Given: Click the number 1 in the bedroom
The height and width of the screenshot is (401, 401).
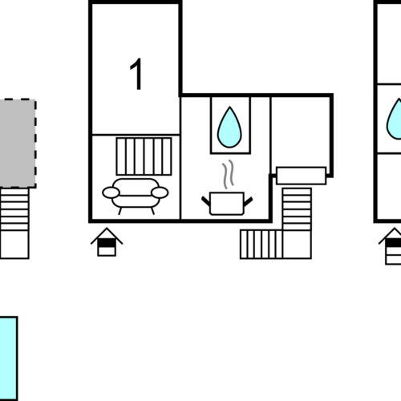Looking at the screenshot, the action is tap(136, 74).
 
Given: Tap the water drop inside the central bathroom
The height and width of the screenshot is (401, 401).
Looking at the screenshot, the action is tap(229, 128).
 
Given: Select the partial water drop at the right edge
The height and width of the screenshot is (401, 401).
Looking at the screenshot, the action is tap(394, 119).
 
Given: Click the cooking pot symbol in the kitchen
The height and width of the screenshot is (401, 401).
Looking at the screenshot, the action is tap(227, 203).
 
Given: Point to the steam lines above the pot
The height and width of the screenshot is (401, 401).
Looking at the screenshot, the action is tap(228, 174).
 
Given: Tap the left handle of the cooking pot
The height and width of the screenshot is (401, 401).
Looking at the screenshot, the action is tap(206, 201).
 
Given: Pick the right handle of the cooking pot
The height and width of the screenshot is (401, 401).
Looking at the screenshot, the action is tap(248, 201).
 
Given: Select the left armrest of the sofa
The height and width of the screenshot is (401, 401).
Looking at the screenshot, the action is tap(111, 192).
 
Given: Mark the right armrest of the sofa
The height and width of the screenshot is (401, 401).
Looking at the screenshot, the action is tap(160, 192).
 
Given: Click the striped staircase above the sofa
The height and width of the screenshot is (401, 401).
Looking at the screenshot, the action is tap(144, 156).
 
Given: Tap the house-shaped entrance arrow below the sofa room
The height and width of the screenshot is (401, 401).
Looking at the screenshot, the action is tap(107, 242).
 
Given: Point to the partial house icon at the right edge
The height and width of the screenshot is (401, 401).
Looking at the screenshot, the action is tap(391, 246).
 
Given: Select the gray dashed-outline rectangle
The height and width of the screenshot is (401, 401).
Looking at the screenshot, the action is tap(18, 144).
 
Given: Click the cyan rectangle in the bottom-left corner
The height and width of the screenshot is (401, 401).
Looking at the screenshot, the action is tap(9, 358).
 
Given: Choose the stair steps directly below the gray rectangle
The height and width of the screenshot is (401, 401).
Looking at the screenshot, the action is tap(14, 209).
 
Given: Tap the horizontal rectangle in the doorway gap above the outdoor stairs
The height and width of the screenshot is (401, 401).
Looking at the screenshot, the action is tap(302, 176).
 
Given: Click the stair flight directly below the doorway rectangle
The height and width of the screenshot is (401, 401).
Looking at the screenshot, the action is tap(297, 209).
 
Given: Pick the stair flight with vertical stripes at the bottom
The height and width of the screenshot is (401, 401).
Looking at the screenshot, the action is tap(261, 245).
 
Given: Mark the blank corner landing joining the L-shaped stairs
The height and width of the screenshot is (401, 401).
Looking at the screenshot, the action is tap(297, 245).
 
